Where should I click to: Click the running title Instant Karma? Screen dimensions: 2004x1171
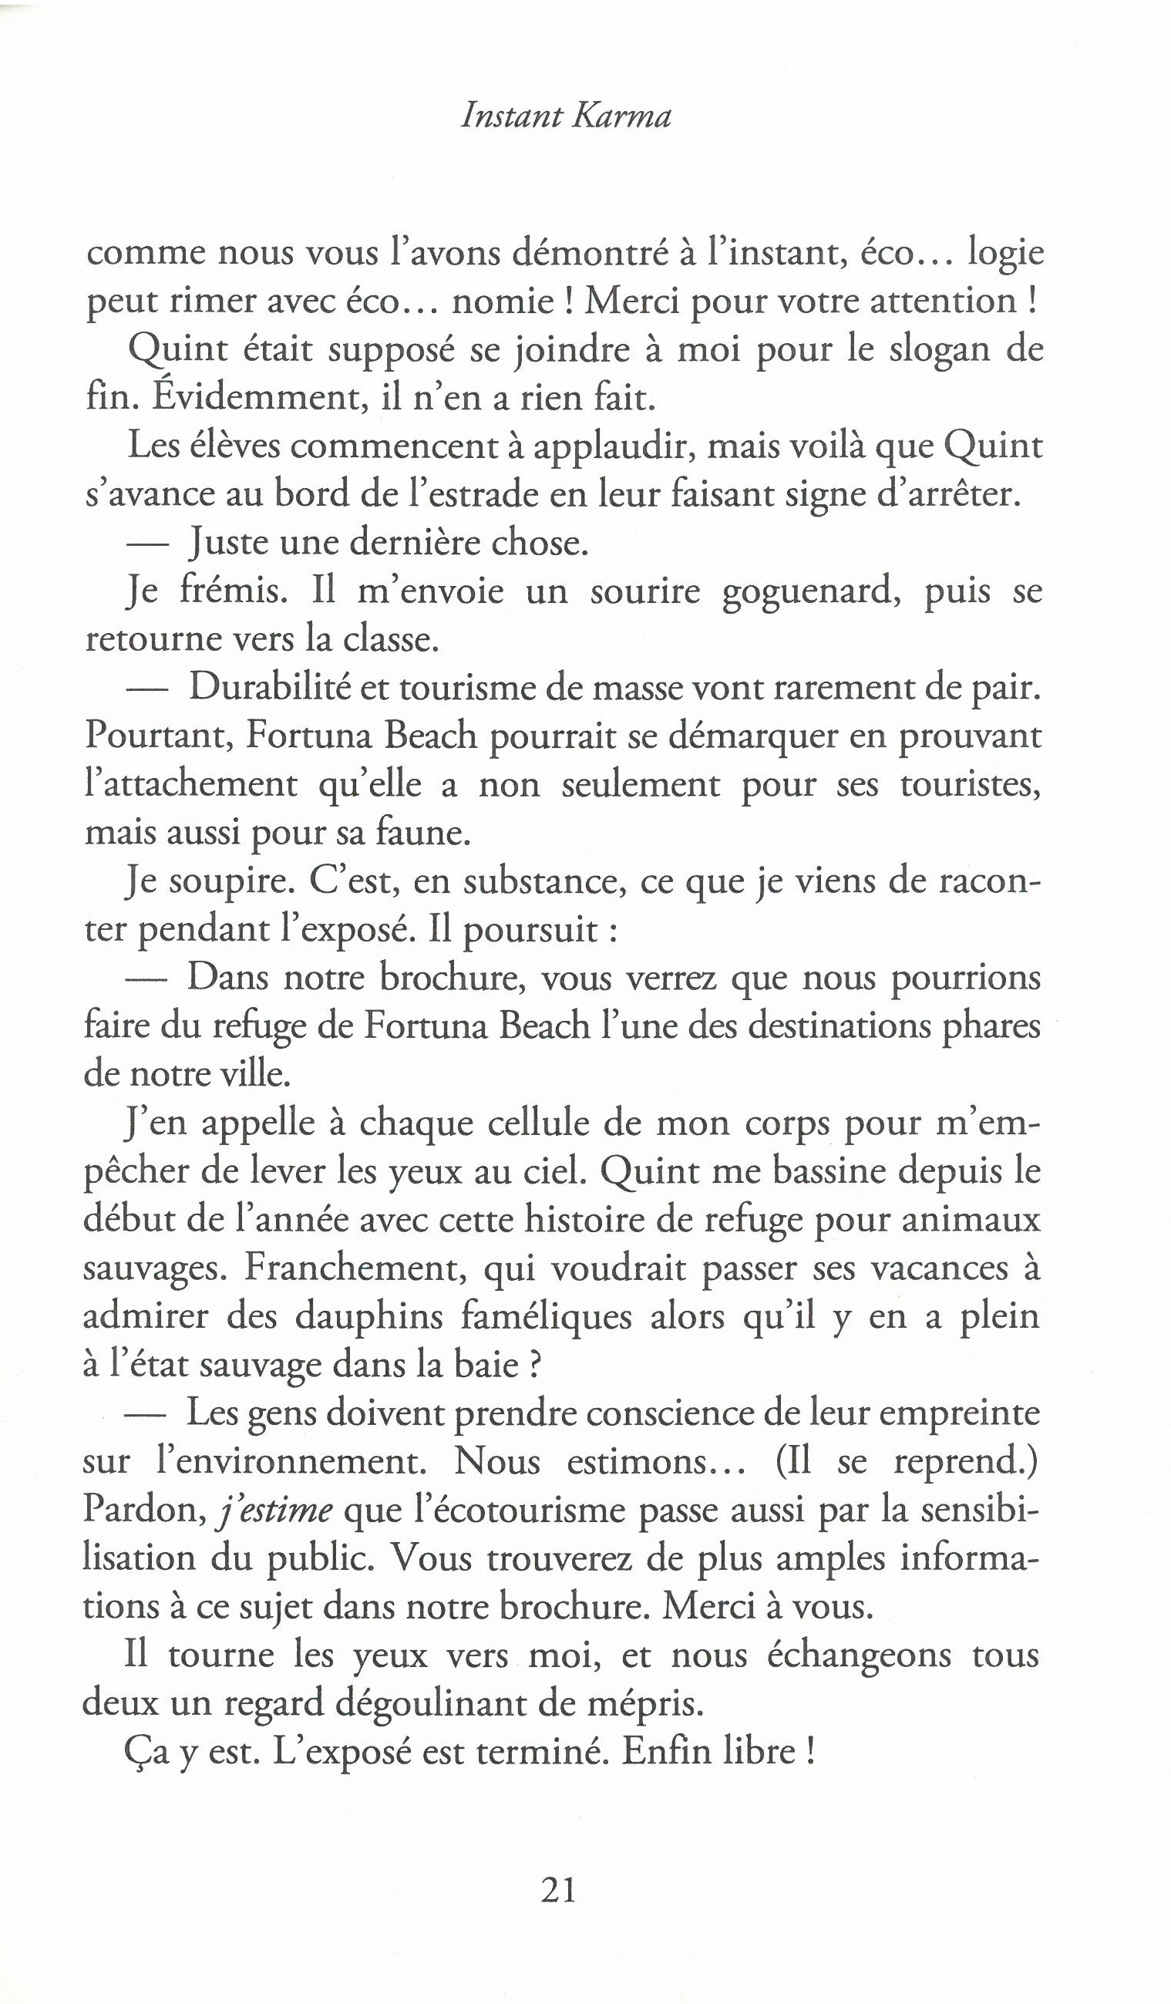pyautogui.click(x=566, y=118)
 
